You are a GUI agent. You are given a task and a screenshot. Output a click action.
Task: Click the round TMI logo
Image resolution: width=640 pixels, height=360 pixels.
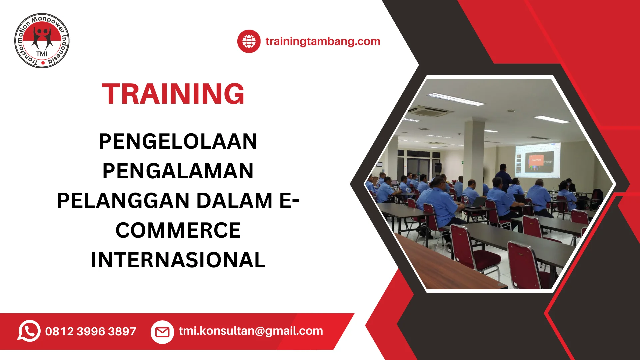[42, 41]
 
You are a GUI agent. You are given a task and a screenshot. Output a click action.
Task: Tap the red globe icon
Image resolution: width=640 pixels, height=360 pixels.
[249, 41]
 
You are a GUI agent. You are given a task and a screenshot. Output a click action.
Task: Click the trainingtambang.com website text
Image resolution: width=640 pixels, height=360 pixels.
[323, 41]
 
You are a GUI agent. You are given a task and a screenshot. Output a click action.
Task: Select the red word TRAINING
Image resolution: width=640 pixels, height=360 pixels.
[173, 94]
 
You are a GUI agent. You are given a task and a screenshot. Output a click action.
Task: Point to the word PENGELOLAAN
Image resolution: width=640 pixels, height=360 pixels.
[178, 141]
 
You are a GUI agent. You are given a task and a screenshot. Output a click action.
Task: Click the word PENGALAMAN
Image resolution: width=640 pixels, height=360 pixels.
[178, 171]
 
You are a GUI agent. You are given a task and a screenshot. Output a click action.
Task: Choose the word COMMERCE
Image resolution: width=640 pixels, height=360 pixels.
[178, 230]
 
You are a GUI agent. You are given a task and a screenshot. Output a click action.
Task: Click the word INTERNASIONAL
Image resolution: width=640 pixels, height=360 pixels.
[178, 260]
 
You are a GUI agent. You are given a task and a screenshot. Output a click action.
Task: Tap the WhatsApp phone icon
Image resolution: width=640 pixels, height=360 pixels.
[29, 331]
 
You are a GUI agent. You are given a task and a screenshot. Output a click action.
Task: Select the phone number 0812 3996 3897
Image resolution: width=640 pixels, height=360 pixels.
[91, 331]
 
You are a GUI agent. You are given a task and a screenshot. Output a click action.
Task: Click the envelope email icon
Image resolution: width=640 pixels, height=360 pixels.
[162, 332]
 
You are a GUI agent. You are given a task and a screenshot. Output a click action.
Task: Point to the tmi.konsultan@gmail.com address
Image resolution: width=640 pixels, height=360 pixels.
[251, 331]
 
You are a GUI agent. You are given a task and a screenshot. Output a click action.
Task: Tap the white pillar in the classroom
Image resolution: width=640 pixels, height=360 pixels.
[474, 153]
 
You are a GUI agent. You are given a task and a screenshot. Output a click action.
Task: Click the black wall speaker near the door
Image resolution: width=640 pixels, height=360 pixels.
[438, 168]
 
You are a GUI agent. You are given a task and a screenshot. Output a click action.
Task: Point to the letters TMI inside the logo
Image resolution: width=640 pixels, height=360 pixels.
[42, 54]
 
